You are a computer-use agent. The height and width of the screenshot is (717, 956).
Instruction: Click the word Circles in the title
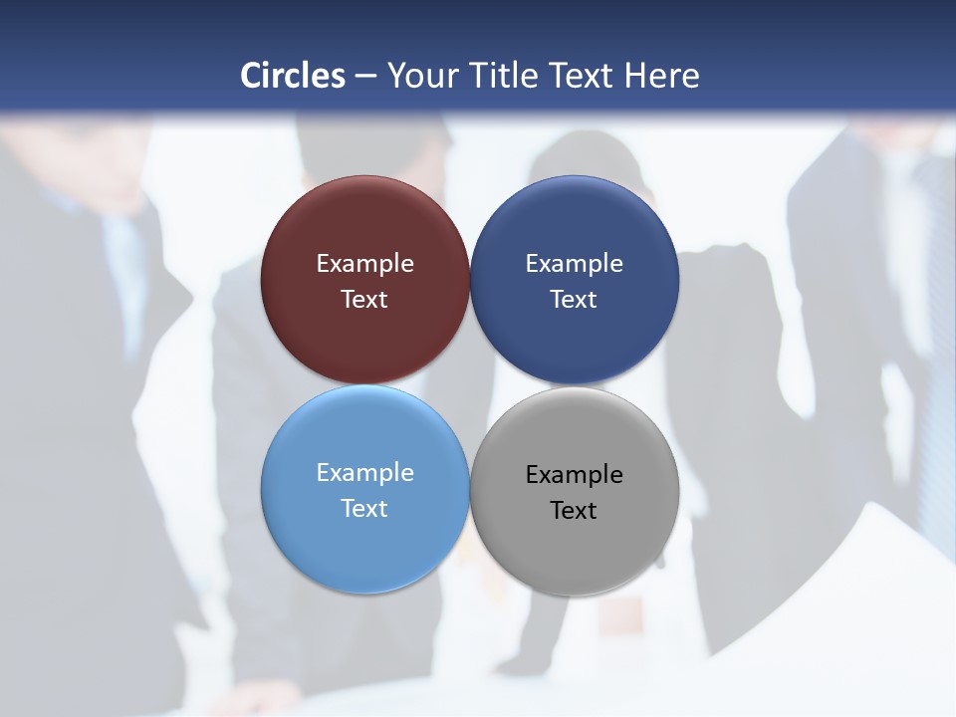(x=293, y=76)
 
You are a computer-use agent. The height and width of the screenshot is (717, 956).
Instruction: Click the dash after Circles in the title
(x=365, y=77)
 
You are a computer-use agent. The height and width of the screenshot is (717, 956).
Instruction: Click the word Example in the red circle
(x=364, y=264)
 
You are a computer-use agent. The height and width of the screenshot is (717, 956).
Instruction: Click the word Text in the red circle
(x=364, y=300)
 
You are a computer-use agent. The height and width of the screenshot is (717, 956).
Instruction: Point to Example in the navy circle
(x=575, y=264)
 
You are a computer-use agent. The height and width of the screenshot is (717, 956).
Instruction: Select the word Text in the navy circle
(x=575, y=300)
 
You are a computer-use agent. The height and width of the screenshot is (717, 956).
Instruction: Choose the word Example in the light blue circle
(x=364, y=473)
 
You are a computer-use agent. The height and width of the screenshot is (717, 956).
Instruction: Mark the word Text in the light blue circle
(x=364, y=509)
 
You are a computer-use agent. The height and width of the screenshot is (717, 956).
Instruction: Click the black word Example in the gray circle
(x=575, y=475)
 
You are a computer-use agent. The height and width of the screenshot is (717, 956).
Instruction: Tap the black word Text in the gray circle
(x=575, y=511)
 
